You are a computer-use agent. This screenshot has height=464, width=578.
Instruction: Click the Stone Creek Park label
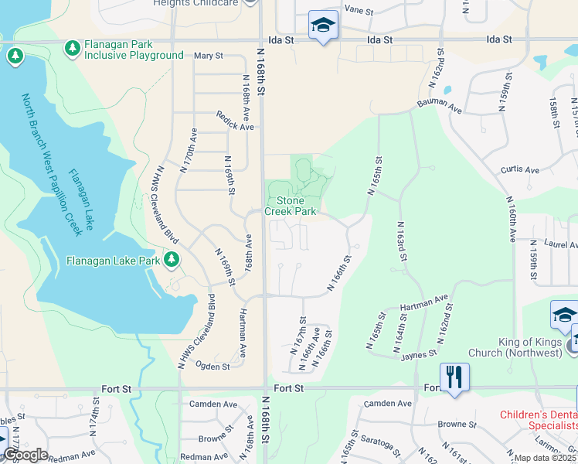(x=291, y=205)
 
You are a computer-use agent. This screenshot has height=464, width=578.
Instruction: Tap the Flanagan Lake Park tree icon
(x=172, y=260)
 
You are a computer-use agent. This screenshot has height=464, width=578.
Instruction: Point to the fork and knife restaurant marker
(x=454, y=377)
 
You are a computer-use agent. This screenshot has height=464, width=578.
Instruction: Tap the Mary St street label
(x=208, y=56)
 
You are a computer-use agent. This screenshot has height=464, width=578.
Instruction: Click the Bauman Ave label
(x=439, y=107)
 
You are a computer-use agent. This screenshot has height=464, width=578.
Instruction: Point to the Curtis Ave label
(x=519, y=169)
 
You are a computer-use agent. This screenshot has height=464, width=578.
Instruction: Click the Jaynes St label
(x=420, y=356)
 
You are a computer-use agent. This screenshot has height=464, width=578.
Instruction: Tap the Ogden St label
(x=212, y=366)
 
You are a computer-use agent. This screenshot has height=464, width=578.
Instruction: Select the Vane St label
(x=359, y=10)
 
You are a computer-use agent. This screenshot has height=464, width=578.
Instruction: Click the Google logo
(x=25, y=455)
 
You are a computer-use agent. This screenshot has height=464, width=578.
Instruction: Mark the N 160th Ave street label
(x=512, y=220)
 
